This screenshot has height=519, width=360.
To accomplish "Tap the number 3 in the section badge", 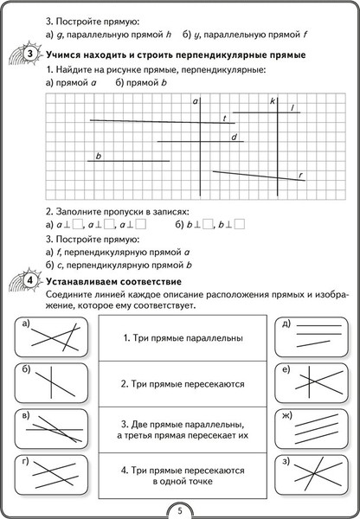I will (x=29, y=54).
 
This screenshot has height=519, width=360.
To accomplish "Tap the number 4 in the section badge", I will (x=29, y=283).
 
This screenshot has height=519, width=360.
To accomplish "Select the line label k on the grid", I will (x=272, y=102).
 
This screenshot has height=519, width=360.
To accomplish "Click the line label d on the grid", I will (x=234, y=137).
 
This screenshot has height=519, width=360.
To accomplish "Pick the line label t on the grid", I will (x=224, y=118).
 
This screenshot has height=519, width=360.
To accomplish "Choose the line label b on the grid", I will (x=100, y=156).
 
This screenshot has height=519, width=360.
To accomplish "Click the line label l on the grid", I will (x=293, y=107).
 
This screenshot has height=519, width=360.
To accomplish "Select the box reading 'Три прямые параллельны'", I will (x=181, y=338).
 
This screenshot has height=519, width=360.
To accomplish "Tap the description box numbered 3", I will (x=181, y=429).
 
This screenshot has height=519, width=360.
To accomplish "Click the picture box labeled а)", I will (x=53, y=339).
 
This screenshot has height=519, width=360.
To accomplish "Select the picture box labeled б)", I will (x=53, y=383).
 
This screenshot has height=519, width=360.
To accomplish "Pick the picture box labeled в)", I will (x=53, y=429).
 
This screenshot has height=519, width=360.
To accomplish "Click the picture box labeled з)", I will (x=309, y=474).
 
